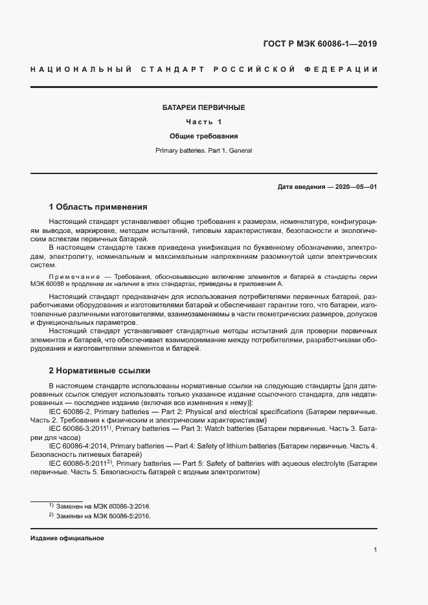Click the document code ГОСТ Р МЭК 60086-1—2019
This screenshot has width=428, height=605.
pyautogui.click(x=319, y=44)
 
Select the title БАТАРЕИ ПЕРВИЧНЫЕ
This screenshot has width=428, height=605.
pyautogui.click(x=203, y=107)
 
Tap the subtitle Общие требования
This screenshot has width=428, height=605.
pyautogui.click(x=203, y=137)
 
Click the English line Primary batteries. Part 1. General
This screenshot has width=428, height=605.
pyautogui.click(x=203, y=151)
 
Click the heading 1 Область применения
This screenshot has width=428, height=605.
pyautogui.click(x=98, y=207)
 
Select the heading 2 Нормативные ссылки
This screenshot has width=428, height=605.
pyautogui.click(x=100, y=371)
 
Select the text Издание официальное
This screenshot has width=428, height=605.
pyautogui.click(x=67, y=538)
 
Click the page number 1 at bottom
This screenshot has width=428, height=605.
pyautogui.click(x=376, y=550)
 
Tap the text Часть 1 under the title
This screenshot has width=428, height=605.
pyautogui.click(x=203, y=122)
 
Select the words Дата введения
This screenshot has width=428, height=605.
pyautogui.click(x=301, y=186)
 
